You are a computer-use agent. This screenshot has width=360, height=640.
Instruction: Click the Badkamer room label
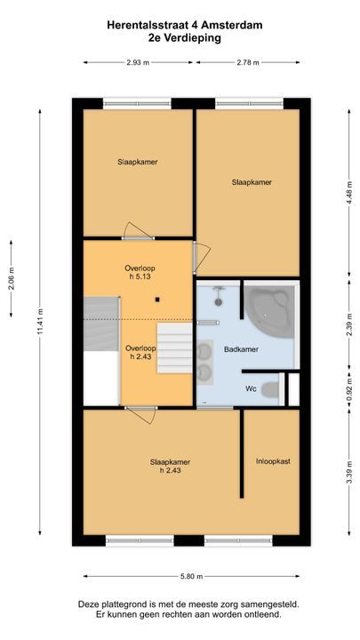click(241, 349)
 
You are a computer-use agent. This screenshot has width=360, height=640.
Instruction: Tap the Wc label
click(251, 389)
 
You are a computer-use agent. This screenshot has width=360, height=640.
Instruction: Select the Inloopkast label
click(273, 461)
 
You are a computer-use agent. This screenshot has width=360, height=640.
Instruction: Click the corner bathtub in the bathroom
click(270, 311)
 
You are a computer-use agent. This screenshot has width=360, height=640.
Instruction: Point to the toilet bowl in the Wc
click(270, 390)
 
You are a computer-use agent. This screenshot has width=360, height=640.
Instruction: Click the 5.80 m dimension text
click(191, 576)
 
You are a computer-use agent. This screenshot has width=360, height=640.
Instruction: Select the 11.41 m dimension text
click(40, 322)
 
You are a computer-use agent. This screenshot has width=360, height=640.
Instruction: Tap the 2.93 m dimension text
click(138, 62)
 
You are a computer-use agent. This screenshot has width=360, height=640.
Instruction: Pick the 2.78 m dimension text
click(247, 62)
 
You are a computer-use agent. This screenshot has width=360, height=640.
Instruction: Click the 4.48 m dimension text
click(349, 194)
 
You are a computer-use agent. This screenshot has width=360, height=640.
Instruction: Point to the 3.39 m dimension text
click(349, 472)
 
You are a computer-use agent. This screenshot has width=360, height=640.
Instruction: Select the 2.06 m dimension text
click(11, 278)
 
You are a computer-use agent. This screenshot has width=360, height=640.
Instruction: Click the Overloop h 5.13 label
click(140, 272)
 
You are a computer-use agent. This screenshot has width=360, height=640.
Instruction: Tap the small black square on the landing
click(157, 300)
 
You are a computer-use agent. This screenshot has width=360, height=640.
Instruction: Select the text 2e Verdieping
click(185, 38)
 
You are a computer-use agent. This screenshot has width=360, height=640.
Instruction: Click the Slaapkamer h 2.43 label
click(170, 466)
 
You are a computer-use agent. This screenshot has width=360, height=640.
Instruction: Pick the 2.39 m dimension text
click(349, 324)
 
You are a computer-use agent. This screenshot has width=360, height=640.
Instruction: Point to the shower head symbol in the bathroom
click(219, 296)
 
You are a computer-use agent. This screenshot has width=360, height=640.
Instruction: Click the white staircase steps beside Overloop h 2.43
click(175, 348)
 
